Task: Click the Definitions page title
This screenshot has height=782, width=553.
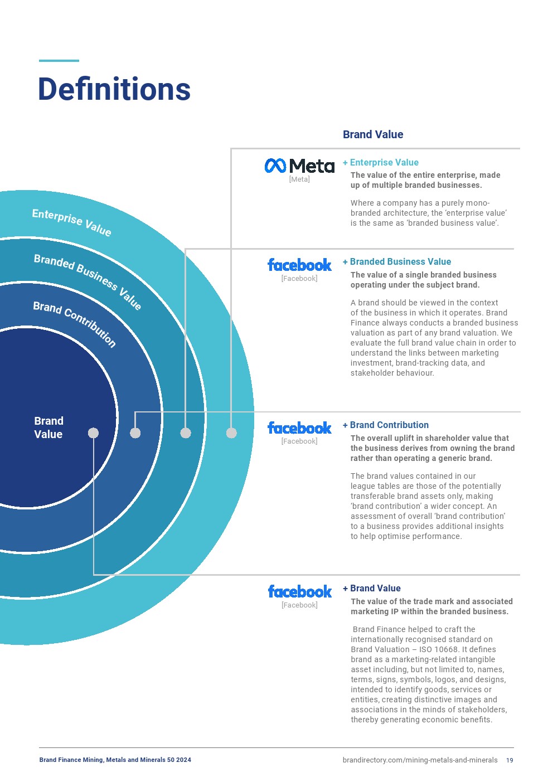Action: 114,89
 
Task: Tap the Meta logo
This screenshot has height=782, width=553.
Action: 299,166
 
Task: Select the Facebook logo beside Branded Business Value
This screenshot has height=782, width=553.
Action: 299,265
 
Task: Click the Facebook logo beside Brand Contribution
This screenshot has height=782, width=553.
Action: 299,428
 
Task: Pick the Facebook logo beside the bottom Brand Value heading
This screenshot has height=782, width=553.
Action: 299,591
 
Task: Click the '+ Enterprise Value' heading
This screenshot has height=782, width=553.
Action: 381,163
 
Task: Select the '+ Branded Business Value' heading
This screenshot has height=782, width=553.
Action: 397,262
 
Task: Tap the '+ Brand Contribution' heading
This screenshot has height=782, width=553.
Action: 386,425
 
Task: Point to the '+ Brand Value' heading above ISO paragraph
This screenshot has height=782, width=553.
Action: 372,589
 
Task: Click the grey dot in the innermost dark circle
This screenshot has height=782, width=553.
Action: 93,433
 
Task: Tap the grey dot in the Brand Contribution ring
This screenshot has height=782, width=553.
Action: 135,433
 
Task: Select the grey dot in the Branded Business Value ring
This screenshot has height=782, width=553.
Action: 186,433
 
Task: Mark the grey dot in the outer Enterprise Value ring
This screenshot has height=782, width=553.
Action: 231,433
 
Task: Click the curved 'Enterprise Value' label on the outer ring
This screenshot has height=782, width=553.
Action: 71,222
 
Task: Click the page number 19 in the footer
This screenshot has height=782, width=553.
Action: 510,760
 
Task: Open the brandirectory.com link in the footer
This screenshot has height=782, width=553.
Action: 420,760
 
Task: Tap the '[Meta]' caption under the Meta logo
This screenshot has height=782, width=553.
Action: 299,179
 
